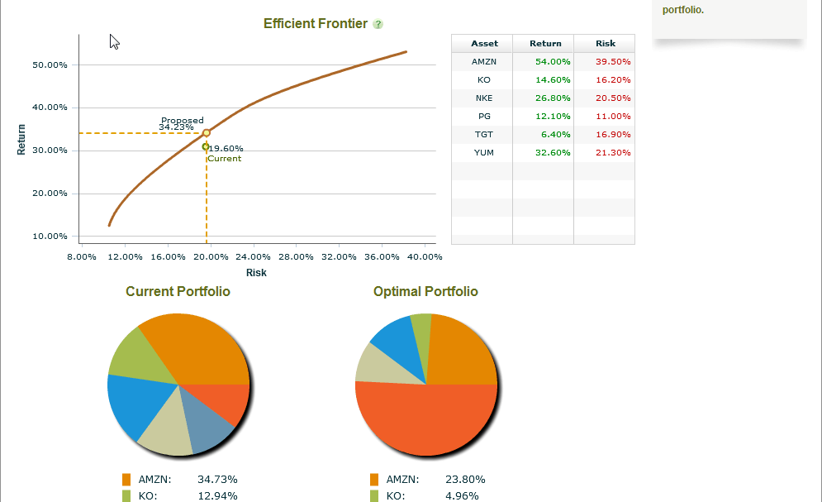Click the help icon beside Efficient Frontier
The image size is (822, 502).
[x=378, y=24]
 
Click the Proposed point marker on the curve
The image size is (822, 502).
[x=207, y=132]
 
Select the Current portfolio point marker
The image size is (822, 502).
[x=206, y=146]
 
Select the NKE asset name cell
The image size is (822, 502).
[x=484, y=98]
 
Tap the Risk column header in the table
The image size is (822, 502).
[x=605, y=44]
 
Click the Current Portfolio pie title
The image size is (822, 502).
[x=178, y=292]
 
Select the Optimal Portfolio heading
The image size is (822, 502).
[x=425, y=292]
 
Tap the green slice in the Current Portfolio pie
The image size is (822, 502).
[x=128, y=351]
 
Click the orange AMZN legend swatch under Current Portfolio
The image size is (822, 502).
[x=126, y=480]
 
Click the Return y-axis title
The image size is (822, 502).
[x=22, y=139]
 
